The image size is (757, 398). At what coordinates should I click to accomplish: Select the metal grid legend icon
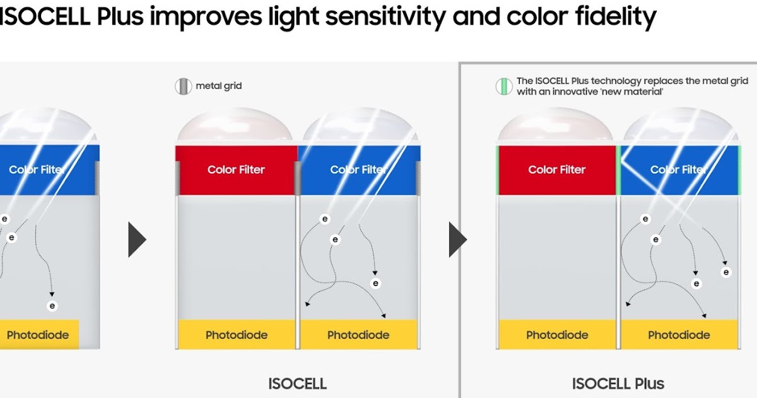(x=183, y=86)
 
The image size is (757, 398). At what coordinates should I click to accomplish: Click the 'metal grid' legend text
(x=218, y=86)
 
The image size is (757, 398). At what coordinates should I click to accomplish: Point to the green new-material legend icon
(x=503, y=86)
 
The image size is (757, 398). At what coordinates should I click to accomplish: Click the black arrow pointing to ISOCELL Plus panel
(x=457, y=239)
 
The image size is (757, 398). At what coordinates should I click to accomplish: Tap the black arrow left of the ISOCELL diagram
(x=136, y=239)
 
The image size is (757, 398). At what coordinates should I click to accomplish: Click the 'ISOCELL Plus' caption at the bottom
(x=618, y=383)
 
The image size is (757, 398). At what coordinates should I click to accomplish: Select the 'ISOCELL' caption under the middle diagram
(x=297, y=383)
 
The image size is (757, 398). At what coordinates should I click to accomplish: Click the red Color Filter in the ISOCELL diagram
(x=236, y=169)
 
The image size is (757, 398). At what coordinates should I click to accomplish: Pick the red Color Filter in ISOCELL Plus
(x=556, y=169)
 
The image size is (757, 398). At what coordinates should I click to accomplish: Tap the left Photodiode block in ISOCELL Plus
(x=556, y=335)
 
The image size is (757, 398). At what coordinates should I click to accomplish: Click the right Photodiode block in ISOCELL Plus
(x=679, y=335)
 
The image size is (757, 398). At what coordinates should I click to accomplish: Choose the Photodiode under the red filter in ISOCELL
(x=237, y=335)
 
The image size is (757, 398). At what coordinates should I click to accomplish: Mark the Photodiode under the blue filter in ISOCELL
(x=358, y=335)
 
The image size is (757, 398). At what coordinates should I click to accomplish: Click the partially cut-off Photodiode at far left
(x=38, y=335)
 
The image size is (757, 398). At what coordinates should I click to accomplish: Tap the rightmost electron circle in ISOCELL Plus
(x=726, y=272)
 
